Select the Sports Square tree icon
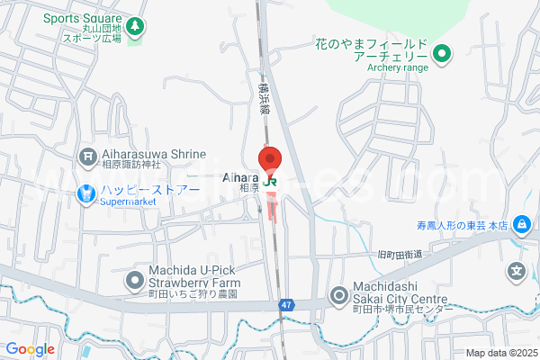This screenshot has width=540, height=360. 134,27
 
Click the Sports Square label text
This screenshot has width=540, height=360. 81,17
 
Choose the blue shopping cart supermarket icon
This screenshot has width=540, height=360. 87,192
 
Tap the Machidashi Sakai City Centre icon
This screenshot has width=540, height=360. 339,294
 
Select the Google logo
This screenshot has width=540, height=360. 30,349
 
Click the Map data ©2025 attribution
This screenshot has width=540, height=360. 499,353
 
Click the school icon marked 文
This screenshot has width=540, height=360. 517,269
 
